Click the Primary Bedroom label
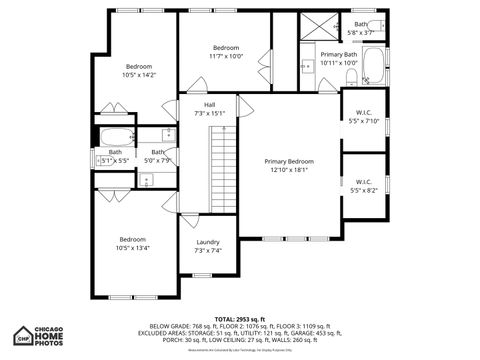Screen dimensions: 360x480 tap(288, 161)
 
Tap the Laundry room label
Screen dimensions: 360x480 tap(207, 242)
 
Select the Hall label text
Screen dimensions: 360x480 tap(209, 105)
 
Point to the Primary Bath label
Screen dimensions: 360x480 tap(338, 54)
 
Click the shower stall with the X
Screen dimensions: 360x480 tap(321, 28)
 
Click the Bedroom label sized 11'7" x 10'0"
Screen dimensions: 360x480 tap(226, 48)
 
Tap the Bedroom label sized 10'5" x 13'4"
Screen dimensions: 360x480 tap(133, 239)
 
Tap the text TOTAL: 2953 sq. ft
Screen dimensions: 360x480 tap(240, 318)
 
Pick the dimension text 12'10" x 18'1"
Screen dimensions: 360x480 tap(288, 170)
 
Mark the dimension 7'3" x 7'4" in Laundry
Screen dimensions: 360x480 tap(207, 251)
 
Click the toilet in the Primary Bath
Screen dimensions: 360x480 tap(350, 76)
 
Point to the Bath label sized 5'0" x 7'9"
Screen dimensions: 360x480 tap(158, 156)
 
